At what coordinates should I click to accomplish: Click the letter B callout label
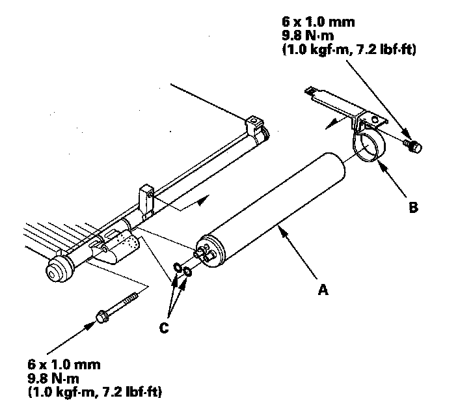pos(412,208)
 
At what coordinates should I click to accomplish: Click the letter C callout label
pos(164,328)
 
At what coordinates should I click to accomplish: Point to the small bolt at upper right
pos(412,147)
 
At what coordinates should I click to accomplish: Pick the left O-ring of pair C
pos(179,266)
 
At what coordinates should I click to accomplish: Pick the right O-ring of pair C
pos(187,271)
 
